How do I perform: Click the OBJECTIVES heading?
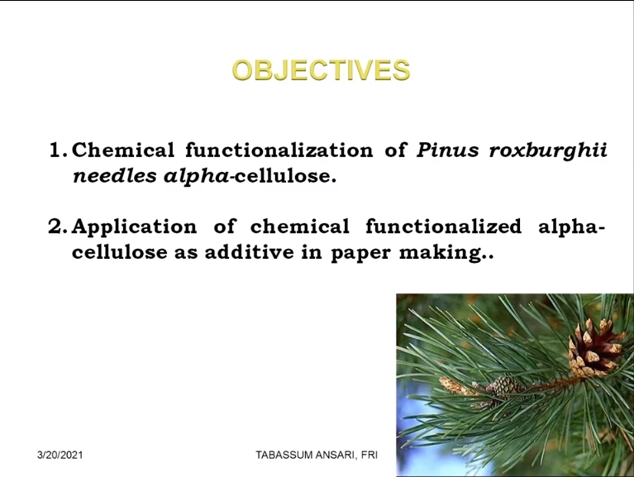point(321,70)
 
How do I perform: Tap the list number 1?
point(57,150)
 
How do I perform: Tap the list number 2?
point(57,227)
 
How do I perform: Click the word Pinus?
point(447,150)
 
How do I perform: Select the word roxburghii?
point(548,150)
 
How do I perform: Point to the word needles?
point(114,176)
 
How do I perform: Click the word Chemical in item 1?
point(123,150)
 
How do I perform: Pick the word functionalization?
point(279,150)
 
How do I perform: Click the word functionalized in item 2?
point(444,226)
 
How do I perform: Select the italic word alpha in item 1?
point(197,177)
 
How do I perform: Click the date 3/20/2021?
point(60,456)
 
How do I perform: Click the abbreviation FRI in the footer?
point(369,456)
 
